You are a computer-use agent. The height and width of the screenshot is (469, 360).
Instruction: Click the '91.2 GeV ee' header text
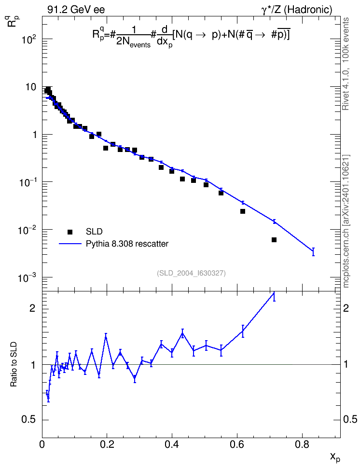point(76,10)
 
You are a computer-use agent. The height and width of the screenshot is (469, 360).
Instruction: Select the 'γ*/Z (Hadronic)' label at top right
point(297,10)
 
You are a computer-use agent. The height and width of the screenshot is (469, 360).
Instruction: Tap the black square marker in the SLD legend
point(70,232)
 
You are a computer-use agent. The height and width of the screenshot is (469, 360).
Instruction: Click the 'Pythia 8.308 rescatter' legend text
point(127,244)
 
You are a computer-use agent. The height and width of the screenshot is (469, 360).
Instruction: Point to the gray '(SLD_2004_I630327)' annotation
point(191,273)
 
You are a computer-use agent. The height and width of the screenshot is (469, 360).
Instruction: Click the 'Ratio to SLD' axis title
point(14,364)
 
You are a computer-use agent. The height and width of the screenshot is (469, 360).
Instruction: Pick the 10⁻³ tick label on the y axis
point(28,277)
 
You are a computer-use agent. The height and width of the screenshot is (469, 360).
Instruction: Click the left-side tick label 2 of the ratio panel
point(32,308)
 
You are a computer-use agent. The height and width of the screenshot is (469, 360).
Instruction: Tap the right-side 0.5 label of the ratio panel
point(350,420)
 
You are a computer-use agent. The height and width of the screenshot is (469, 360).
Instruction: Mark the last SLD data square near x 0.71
point(274,240)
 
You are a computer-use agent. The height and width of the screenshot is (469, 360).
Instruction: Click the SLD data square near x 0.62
point(243,211)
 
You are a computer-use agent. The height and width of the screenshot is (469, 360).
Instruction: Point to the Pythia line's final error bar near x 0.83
point(313,252)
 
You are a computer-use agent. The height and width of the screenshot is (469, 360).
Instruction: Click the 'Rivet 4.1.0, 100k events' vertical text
point(346,64)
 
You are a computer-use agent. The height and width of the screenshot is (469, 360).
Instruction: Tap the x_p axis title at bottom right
point(335,457)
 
